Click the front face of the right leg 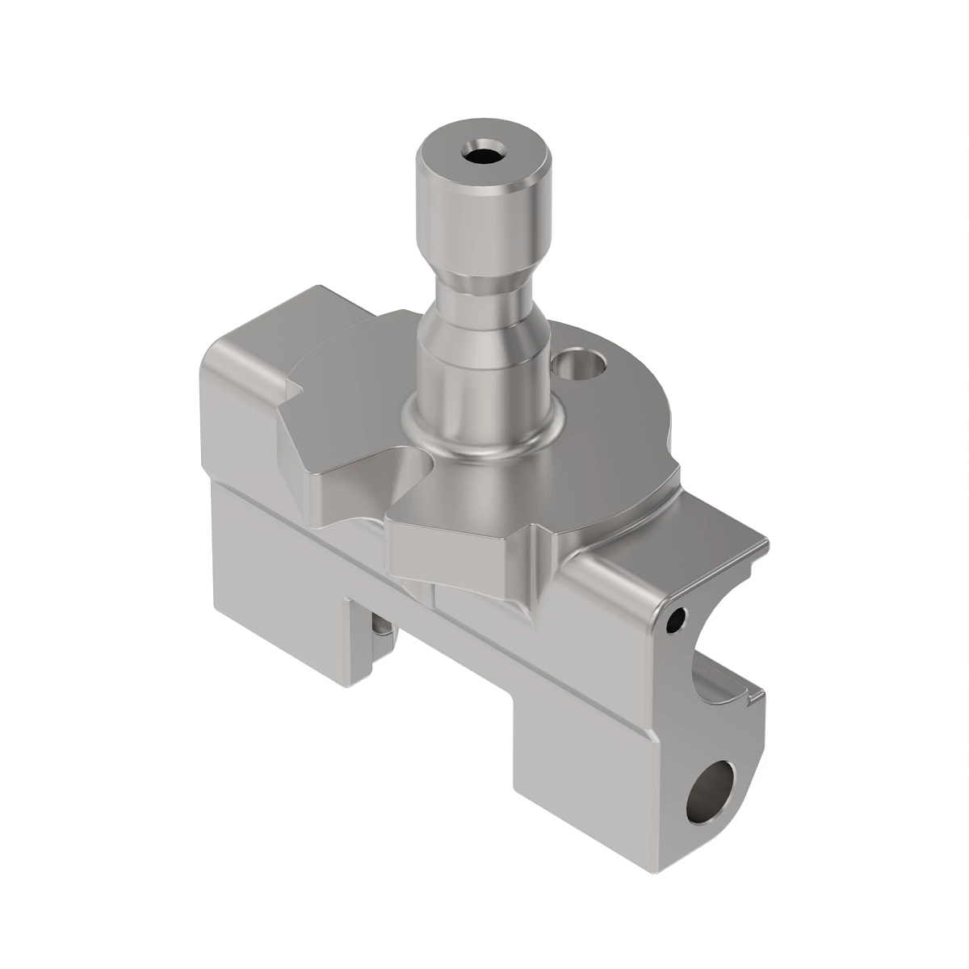[581, 775]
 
